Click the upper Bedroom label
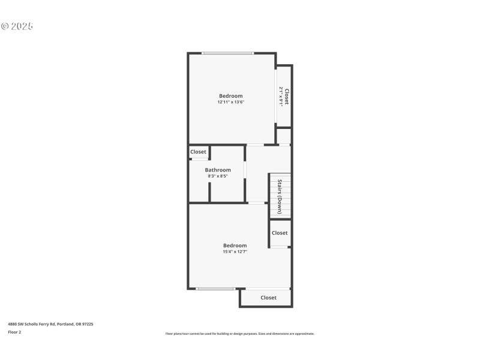(x=230, y=96)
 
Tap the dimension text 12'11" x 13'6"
(x=230, y=103)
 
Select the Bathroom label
(x=218, y=170)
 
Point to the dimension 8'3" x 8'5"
(x=218, y=176)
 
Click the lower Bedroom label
(x=235, y=245)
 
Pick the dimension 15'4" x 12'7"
(x=235, y=252)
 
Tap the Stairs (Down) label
(x=280, y=196)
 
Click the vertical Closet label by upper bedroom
(x=287, y=97)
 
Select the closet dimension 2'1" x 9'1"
(x=280, y=97)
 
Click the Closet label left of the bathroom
(x=198, y=152)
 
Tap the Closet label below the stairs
(x=280, y=233)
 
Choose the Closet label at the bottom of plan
(x=268, y=298)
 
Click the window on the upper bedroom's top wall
(x=227, y=53)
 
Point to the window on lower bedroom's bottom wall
(x=215, y=289)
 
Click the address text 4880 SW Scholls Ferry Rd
(x=50, y=324)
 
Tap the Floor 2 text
(x=14, y=332)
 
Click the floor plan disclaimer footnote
(x=239, y=334)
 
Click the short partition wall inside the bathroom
(x=209, y=192)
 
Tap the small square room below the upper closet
(x=284, y=136)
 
